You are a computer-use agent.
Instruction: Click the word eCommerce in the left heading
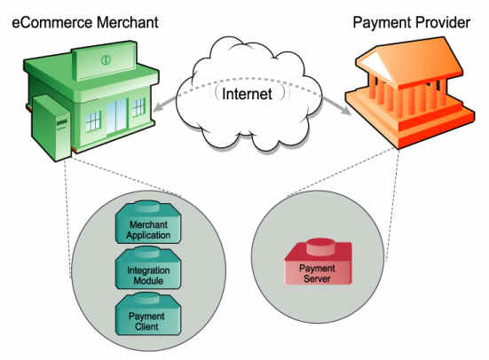click(x=52, y=23)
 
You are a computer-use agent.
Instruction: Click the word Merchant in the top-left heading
click(x=128, y=23)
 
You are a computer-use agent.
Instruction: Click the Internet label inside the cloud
click(x=247, y=94)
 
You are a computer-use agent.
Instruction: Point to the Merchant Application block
click(x=148, y=223)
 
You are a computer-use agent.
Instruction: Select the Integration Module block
click(x=148, y=268)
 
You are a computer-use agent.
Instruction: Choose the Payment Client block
click(x=148, y=314)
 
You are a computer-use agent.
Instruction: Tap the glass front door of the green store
click(x=116, y=116)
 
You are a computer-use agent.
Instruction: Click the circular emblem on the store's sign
click(x=106, y=59)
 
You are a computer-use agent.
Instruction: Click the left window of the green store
click(x=93, y=121)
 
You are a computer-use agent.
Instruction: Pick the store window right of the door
click(x=138, y=107)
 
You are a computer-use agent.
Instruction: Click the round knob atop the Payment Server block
click(x=320, y=247)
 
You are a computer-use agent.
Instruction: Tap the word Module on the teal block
click(x=148, y=280)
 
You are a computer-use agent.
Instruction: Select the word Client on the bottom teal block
click(x=146, y=326)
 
